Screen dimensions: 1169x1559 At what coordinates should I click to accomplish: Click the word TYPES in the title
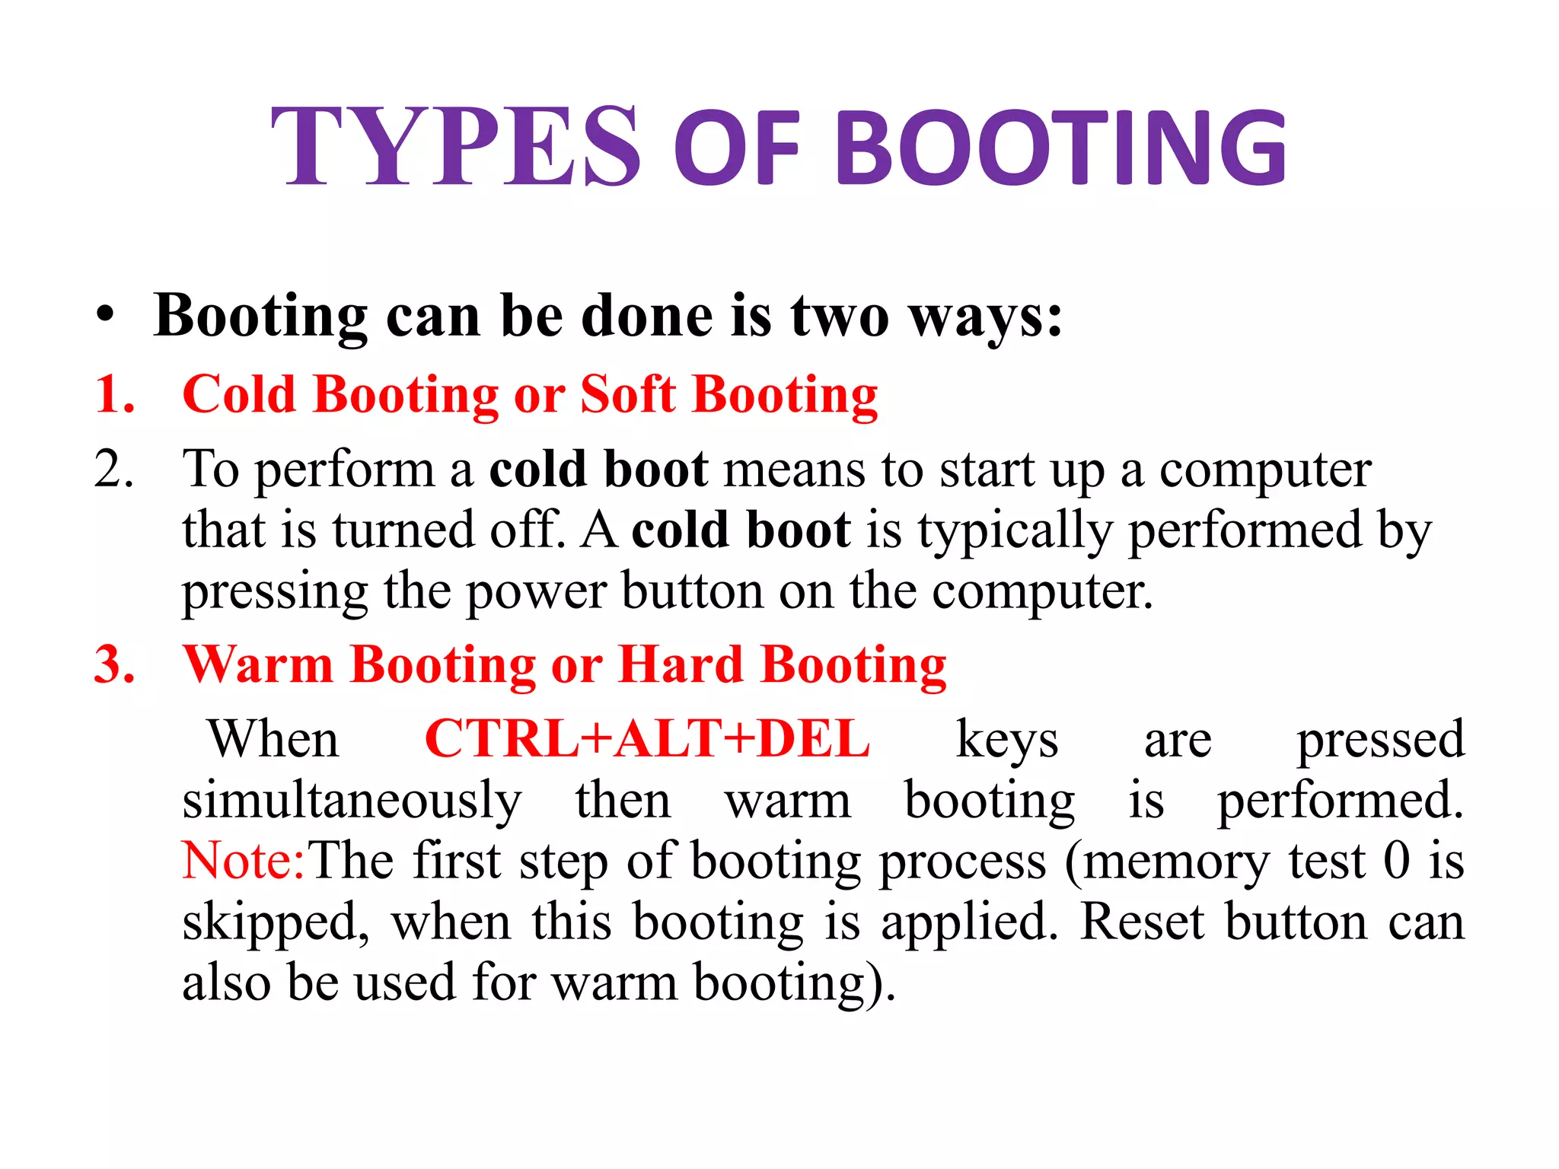455,146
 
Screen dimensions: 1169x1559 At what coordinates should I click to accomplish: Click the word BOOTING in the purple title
1062,148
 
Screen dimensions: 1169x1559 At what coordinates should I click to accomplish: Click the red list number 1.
115,395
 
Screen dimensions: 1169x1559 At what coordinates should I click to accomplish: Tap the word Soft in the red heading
627,395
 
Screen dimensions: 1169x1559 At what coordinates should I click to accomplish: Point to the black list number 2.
114,469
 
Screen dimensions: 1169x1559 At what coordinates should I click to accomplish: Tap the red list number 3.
115,665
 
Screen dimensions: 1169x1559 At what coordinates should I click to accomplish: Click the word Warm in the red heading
258,665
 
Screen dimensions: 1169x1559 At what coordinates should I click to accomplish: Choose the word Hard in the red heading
681,665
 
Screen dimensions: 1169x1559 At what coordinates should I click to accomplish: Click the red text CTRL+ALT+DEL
647,739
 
